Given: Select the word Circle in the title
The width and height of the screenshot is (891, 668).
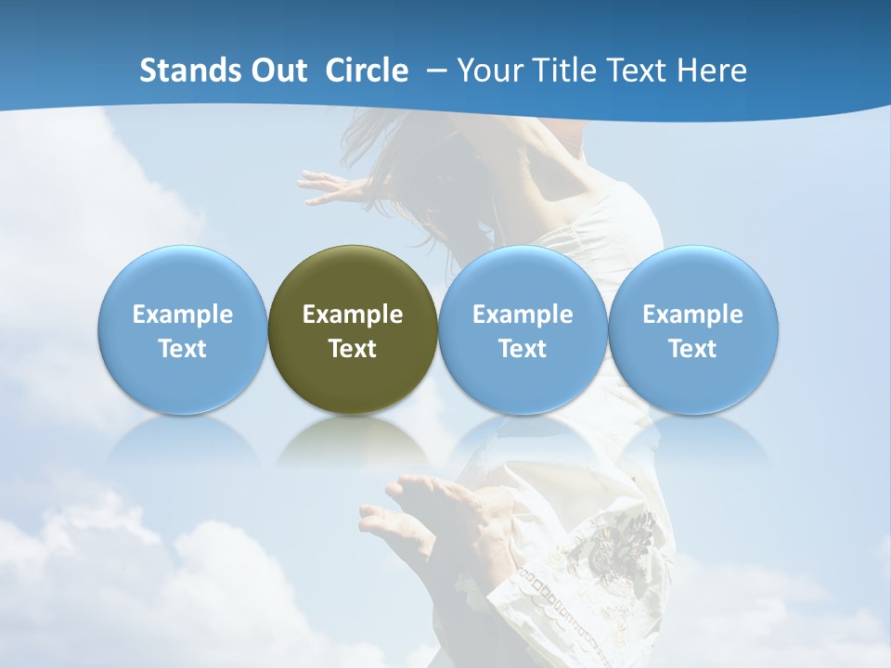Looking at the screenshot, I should click(367, 71).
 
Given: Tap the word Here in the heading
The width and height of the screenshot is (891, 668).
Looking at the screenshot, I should click(712, 71).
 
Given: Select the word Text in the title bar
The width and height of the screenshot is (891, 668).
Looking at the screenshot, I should click(637, 71).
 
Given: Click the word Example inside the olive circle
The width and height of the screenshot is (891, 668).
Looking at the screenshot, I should click(353, 315).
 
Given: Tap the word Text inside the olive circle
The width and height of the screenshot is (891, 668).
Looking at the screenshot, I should click(353, 349).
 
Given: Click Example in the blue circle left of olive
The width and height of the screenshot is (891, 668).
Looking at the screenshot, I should click(183, 315).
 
